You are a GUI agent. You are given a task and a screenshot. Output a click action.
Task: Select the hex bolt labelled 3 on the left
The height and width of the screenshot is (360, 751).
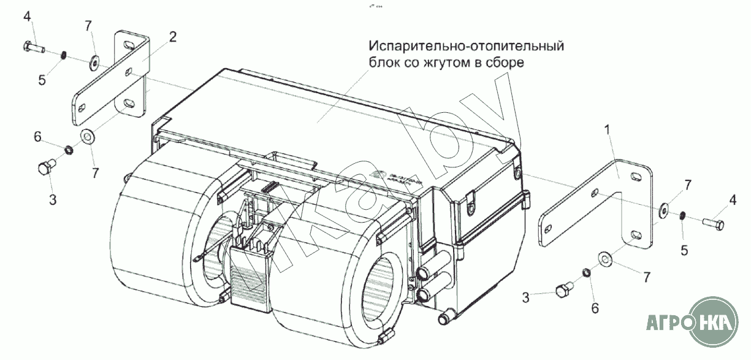47,166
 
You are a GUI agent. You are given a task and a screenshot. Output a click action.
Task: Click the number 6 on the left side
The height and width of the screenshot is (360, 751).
38,137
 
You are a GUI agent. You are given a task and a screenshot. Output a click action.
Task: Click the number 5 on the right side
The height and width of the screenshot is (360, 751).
684,250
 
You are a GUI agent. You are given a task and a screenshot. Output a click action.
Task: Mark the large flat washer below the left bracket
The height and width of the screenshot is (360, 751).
87,136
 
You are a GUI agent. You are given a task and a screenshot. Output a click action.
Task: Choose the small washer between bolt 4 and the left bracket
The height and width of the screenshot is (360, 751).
94,61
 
